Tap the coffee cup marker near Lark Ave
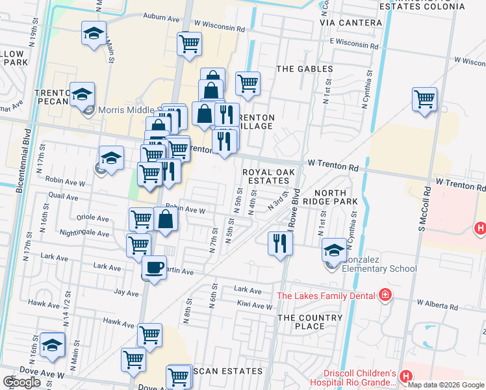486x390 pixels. point(154,267)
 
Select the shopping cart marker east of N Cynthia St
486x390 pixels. point(424,99)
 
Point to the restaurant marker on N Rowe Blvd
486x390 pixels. point(280,244)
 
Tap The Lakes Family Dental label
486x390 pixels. point(326,296)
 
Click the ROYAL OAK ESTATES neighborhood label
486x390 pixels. point(268,176)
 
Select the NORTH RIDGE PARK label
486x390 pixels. point(335,198)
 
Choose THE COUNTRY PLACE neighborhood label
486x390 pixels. point(310,322)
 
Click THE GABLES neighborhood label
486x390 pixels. point(304,68)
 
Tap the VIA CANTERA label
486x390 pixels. point(351,23)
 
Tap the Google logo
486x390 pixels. point(22,382)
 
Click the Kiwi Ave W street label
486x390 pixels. point(254,305)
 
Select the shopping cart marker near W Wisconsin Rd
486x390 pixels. point(189,44)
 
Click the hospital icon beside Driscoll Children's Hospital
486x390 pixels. point(406,376)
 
